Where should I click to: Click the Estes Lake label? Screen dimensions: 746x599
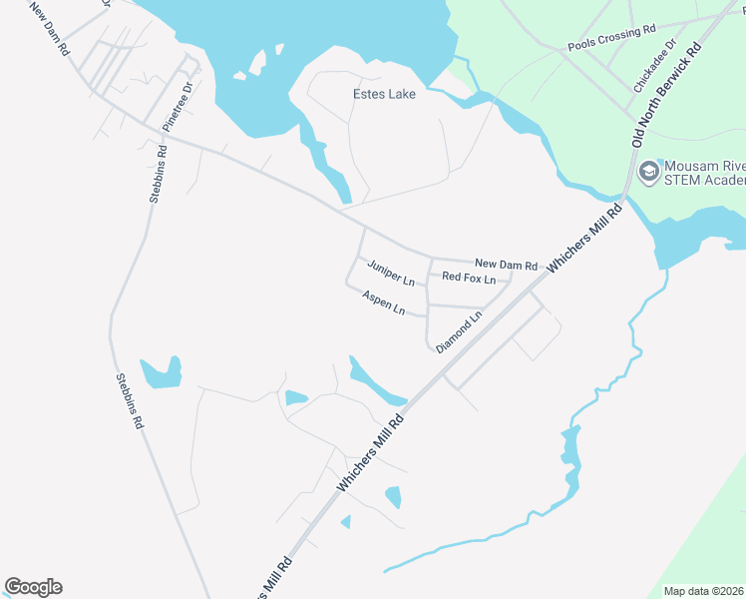[x=384, y=94]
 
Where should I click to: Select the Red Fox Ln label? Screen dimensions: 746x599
[x=469, y=278]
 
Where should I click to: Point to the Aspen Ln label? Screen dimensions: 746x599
[x=384, y=302]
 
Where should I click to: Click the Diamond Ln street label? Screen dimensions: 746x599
[x=459, y=329]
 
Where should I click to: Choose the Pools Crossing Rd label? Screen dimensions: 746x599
[x=611, y=39]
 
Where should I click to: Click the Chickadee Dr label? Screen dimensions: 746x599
[x=654, y=66]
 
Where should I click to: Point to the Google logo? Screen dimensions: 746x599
[x=33, y=587]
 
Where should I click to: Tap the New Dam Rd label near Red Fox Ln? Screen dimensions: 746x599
[x=506, y=264]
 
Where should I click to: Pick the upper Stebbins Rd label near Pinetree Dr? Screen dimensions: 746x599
[x=158, y=175]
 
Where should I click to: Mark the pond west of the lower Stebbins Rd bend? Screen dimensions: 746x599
[x=162, y=373]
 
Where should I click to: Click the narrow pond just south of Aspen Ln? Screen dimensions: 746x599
[x=375, y=381]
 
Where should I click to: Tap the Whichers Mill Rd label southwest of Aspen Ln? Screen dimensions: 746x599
[x=371, y=453]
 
